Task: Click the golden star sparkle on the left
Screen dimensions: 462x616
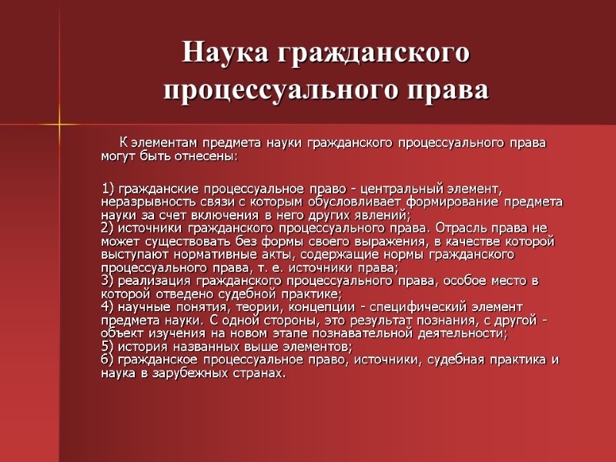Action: click(59, 123)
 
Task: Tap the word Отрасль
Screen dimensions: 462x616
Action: click(465, 228)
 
